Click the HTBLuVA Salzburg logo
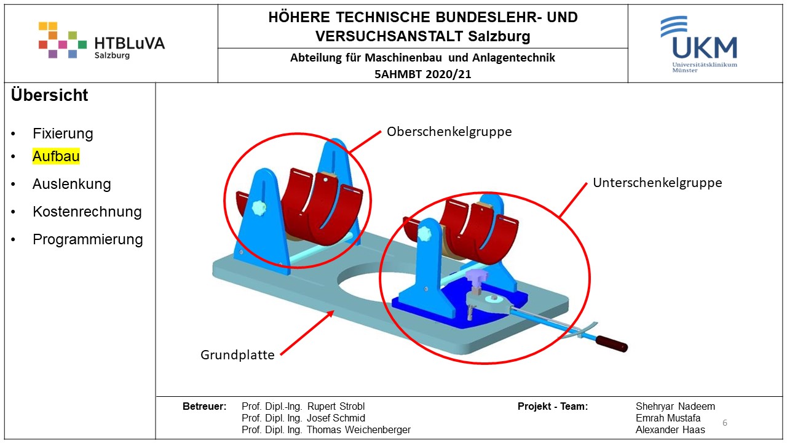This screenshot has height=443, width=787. tap(101, 40)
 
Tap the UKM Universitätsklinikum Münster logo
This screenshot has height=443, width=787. tap(699, 44)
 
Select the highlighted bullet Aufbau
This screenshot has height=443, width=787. tap(56, 156)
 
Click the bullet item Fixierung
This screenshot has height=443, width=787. tap(63, 134)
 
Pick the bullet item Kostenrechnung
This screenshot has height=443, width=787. tap(87, 212)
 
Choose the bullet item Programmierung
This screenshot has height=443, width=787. tap(88, 239)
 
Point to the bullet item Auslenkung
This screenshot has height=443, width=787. tap(72, 184)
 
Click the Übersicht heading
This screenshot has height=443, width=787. tap(50, 95)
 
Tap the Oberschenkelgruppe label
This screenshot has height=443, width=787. tap(449, 132)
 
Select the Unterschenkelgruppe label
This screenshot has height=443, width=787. tap(657, 183)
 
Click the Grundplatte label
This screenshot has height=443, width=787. tap(237, 355)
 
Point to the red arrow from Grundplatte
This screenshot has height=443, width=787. tap(307, 333)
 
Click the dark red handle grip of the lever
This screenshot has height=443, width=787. tap(612, 343)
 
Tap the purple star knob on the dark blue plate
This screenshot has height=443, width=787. tap(477, 276)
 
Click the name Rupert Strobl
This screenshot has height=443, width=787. tap(336, 407)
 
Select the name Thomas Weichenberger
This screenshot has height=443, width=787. tap(358, 429)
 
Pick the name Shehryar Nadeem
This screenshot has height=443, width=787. tap(675, 407)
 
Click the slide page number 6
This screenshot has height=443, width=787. tap(725, 423)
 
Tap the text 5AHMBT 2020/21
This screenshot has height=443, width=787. tap(422, 74)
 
